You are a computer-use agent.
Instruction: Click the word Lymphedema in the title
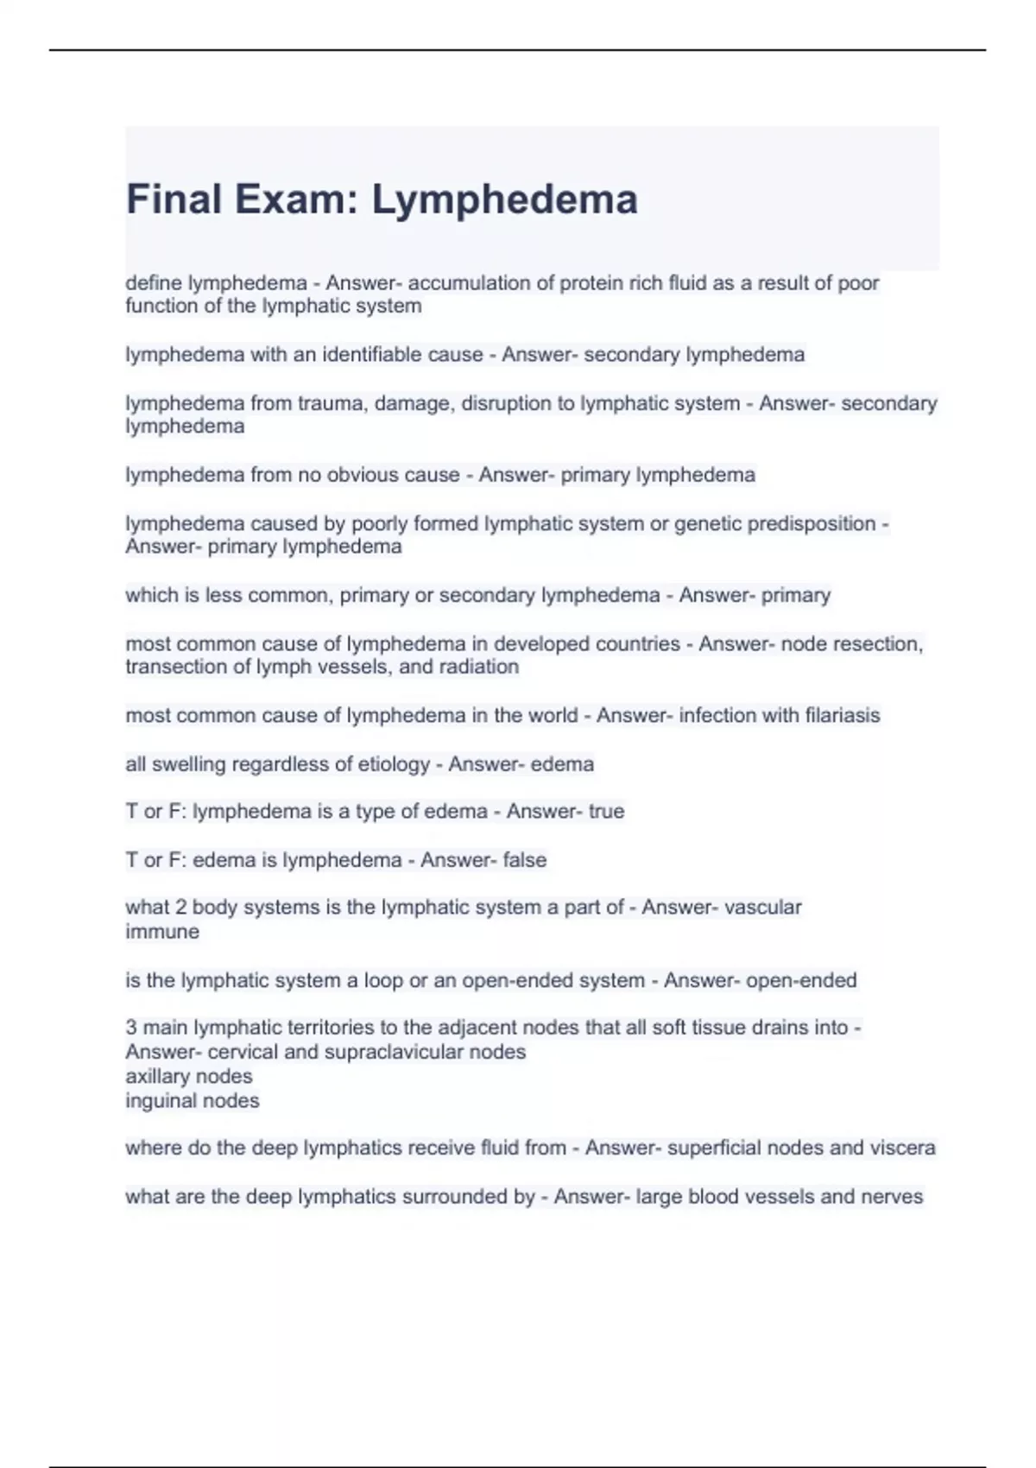pyautogui.click(x=505, y=200)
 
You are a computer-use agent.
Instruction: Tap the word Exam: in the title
pyautogui.click(x=297, y=199)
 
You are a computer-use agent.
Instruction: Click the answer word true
pyautogui.click(x=606, y=811)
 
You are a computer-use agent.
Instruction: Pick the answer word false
pyautogui.click(x=525, y=860)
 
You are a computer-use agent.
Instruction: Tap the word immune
pyautogui.click(x=162, y=932)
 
